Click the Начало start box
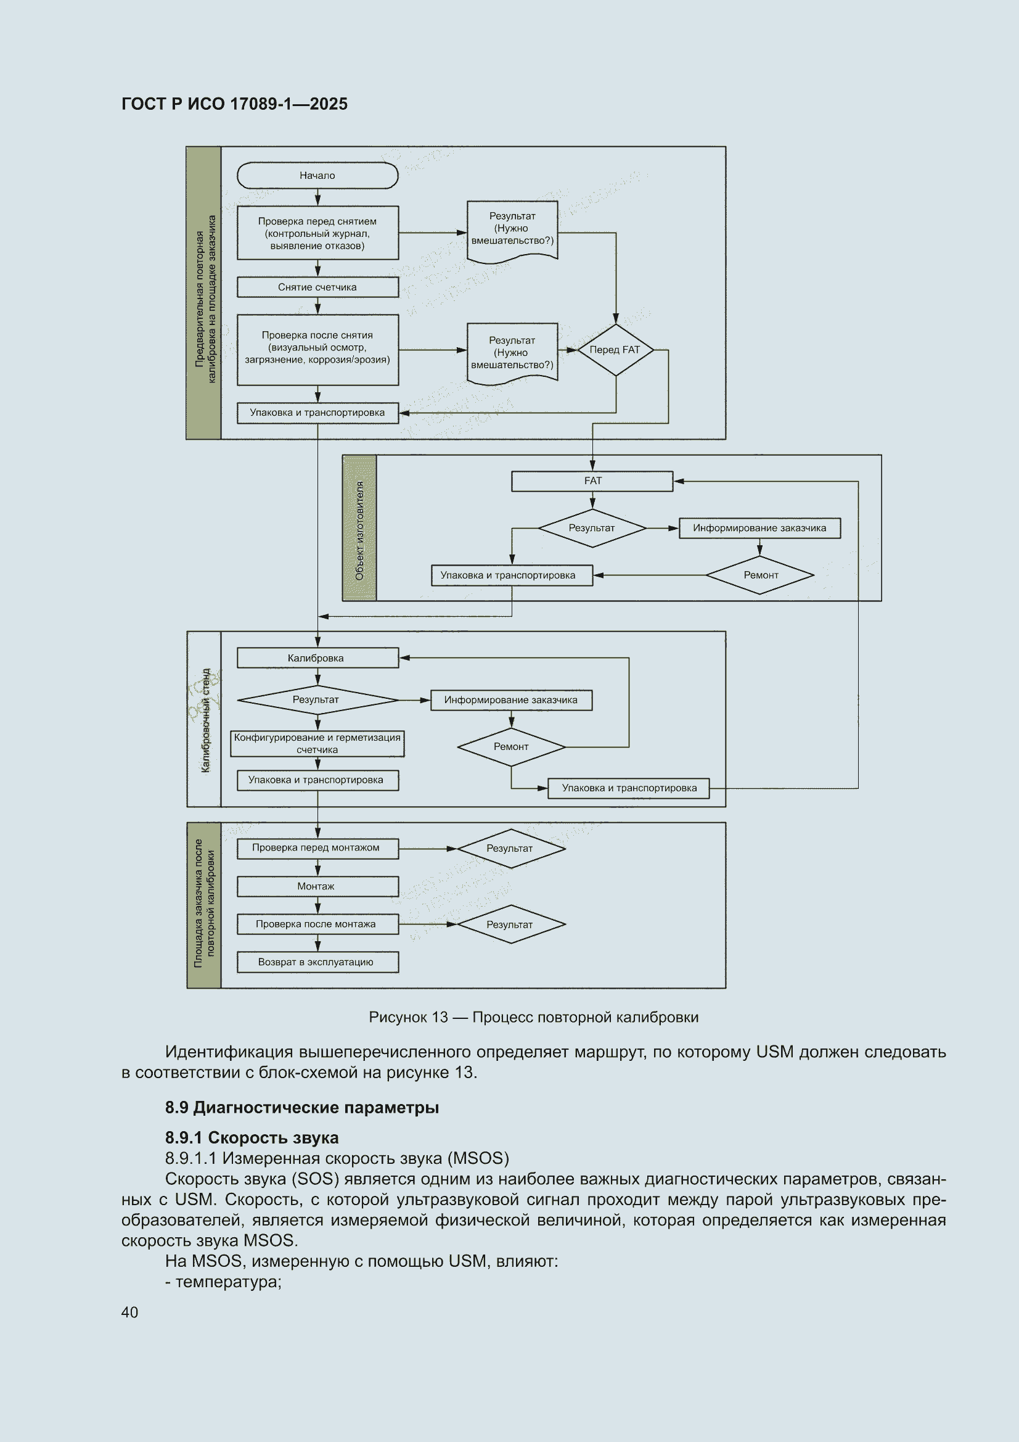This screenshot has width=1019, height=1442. pos(317,175)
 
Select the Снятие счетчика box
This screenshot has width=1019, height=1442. pos(317,287)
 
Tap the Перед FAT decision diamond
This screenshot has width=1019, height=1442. pos(615,350)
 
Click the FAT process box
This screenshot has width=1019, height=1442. pos(592,481)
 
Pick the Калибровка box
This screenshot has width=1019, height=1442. pos(317,658)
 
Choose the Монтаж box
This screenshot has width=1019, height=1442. pos(317,886)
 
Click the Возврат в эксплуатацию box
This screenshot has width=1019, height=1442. pos(317,962)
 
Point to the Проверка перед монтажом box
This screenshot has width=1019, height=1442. pos(317,848)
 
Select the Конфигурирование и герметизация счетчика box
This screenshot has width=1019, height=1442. pos(317,744)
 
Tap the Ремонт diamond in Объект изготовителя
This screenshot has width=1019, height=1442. pos(759,575)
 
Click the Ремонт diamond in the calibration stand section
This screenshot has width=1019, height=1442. pos(511,747)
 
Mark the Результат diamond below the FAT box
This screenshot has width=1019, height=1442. pos(592,528)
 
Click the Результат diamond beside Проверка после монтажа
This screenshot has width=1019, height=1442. pos(511,925)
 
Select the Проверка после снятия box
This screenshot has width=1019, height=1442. pos(317,350)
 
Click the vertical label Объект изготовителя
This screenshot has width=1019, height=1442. pos(360,530)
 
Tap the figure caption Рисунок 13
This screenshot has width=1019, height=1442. pos(534,1017)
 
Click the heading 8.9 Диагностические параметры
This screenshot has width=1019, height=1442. pos(302,1107)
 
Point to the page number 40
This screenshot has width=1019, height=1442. pos(130,1312)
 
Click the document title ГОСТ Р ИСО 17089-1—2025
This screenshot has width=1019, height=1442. pos(234,104)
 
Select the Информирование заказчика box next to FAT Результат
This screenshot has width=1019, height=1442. pos(759,528)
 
